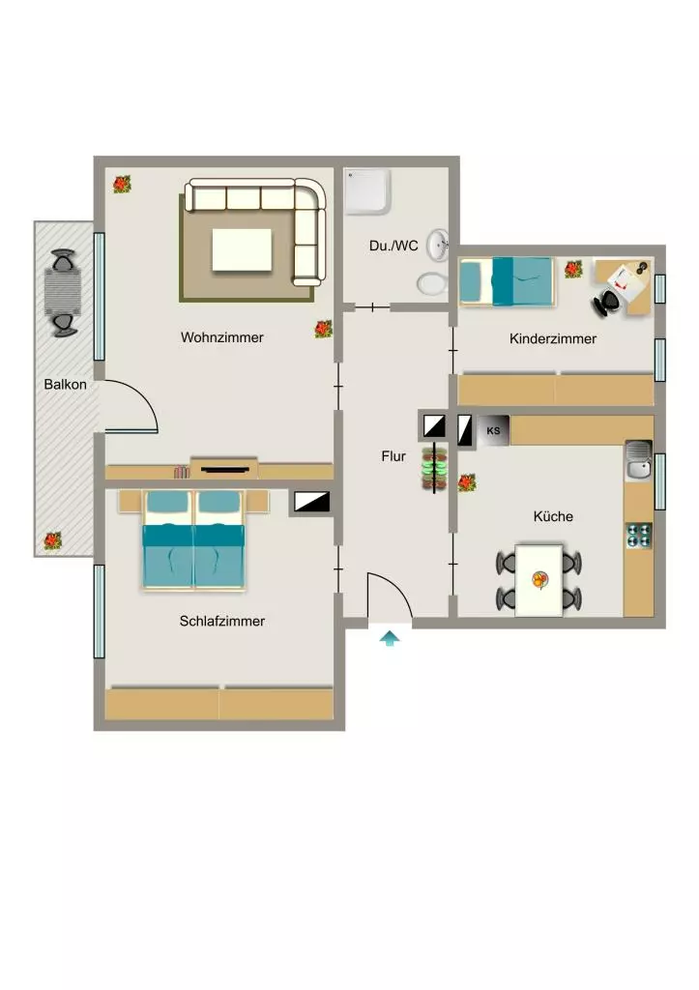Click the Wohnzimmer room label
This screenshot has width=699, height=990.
[221, 337]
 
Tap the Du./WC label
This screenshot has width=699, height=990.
[393, 246]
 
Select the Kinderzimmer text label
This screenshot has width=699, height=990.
[552, 338]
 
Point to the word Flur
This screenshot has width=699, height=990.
[393, 456]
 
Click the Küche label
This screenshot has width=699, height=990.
[553, 516]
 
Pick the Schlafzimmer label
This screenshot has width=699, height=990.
[221, 621]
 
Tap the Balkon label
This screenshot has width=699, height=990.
[65, 384]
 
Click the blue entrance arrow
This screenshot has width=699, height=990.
[390, 638]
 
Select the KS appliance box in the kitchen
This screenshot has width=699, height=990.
[493, 430]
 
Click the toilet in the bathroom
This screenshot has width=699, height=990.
[432, 283]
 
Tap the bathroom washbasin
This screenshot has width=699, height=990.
[438, 245]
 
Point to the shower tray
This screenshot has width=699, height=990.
[367, 190]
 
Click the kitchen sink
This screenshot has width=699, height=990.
[638, 460]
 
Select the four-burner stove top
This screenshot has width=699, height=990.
[638, 536]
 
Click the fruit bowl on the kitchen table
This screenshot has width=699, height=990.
[539, 579]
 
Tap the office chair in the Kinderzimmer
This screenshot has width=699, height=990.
[607, 302]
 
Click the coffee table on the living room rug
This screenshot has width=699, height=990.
[242, 250]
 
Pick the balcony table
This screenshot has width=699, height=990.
[63, 292]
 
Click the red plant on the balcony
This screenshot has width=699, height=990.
[52, 540]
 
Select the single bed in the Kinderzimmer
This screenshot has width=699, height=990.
[507, 281]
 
